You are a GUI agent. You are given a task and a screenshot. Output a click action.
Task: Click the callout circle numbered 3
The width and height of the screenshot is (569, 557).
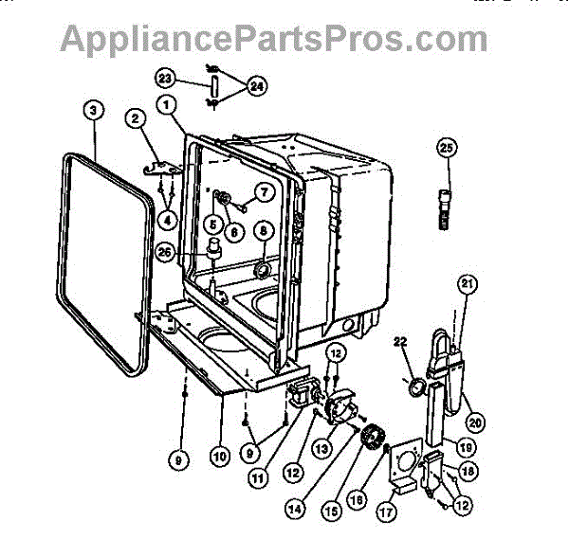93,109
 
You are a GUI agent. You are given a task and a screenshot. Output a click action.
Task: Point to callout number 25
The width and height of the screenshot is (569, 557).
447,147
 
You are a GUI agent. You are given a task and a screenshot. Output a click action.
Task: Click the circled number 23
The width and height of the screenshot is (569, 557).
165,77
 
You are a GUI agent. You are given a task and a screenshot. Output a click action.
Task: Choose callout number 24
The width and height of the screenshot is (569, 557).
257,85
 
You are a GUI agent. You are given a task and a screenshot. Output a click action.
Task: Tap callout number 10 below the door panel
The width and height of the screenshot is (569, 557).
219,457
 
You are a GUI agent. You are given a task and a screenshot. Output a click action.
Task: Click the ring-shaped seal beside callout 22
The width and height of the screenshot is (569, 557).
415,387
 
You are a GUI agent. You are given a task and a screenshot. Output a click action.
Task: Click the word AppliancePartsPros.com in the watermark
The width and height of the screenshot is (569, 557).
274,39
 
